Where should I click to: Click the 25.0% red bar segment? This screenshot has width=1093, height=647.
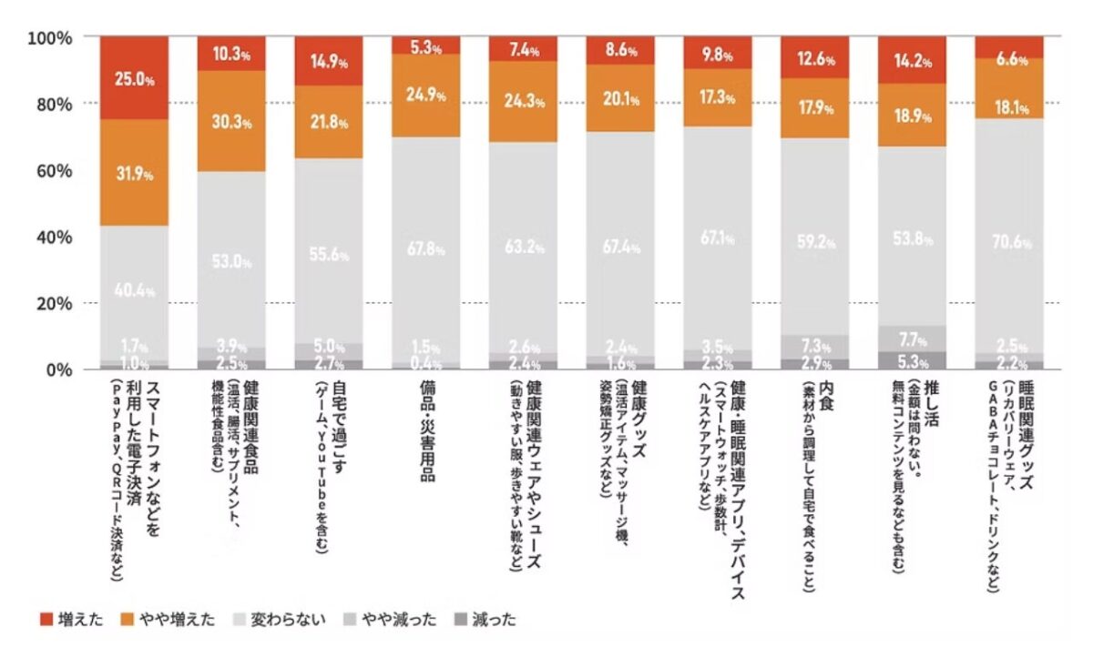point(134,78)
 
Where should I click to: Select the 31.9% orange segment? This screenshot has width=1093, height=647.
point(134,172)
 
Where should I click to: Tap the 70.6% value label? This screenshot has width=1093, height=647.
point(1010,243)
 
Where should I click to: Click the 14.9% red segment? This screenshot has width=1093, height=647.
point(329,61)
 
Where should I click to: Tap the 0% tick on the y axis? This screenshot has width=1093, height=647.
point(61,369)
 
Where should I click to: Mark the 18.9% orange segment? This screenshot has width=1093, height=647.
point(913,115)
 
